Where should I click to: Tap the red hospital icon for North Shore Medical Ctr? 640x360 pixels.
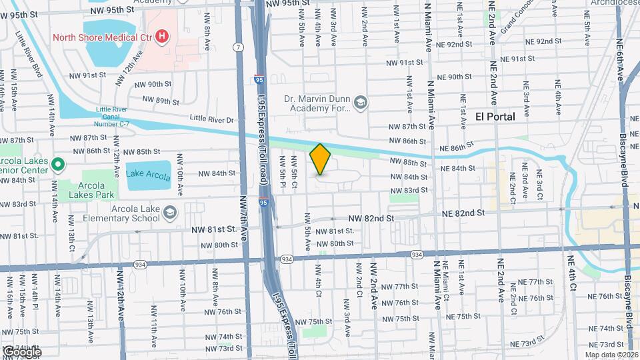(161, 37)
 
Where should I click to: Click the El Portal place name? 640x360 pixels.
(495, 116)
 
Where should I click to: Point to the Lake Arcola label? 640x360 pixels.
(149, 175)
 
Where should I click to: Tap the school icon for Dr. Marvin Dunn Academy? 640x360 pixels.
(361, 103)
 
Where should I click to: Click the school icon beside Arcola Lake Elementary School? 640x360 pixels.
(170, 212)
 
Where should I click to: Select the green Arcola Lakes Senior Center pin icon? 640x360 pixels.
(58, 163)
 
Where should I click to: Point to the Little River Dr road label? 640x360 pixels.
(212, 119)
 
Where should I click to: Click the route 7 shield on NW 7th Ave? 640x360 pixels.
(237, 47)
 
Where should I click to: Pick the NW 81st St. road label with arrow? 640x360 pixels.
(214, 229)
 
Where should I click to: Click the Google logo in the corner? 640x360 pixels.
(21, 351)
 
